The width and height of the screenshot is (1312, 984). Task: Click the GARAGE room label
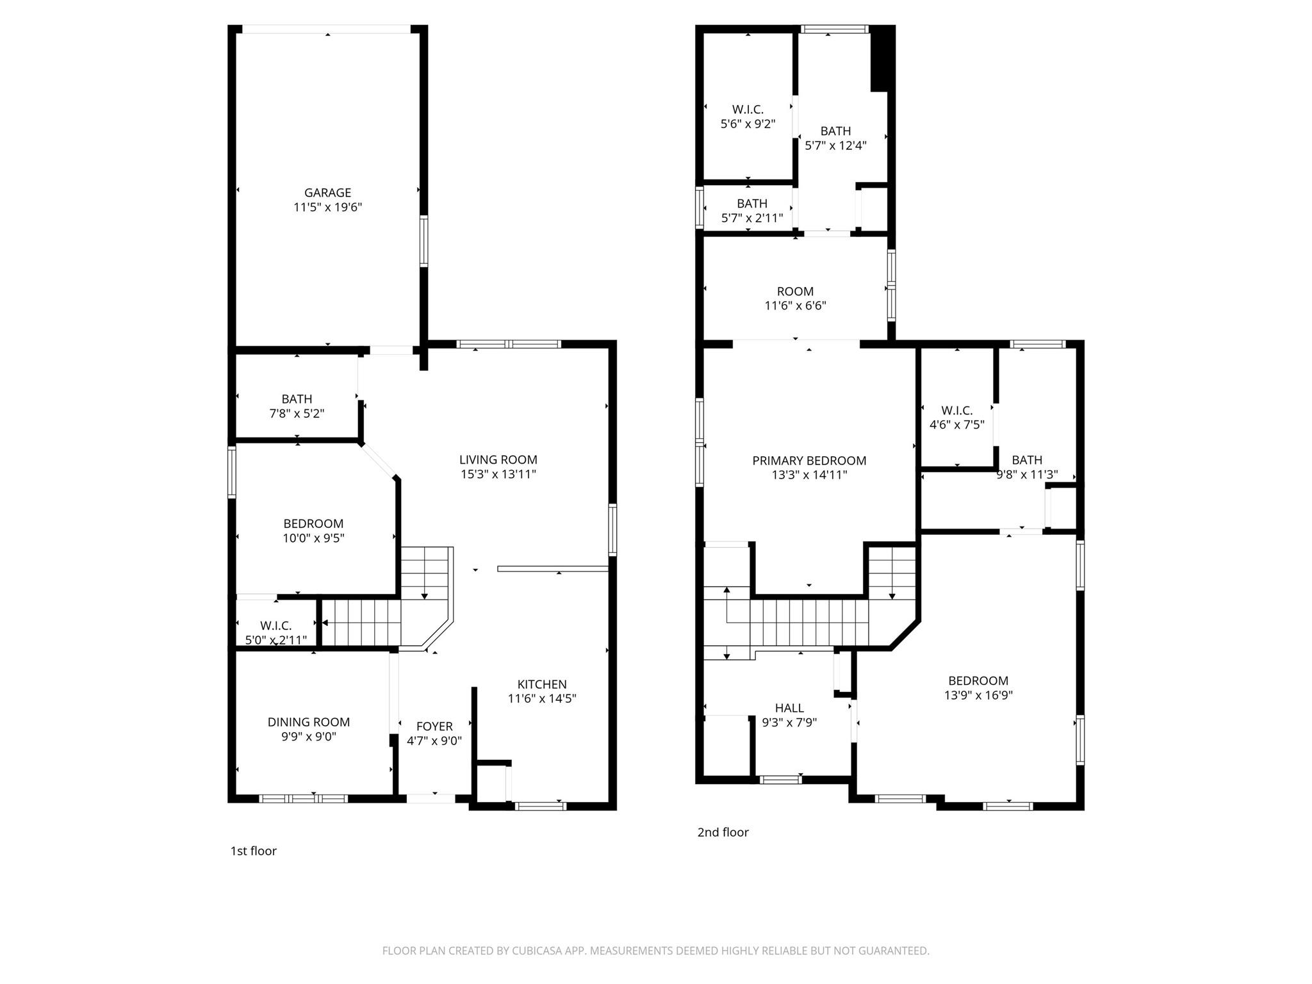[x=327, y=192]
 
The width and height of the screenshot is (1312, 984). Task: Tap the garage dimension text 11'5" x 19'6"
[x=327, y=208]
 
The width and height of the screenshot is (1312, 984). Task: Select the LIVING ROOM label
[x=498, y=459]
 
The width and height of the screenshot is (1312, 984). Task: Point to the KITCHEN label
[x=542, y=684]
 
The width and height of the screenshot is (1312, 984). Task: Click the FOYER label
[x=434, y=726]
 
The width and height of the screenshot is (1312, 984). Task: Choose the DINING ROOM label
[x=309, y=722]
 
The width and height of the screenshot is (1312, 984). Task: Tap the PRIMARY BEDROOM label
[x=809, y=461]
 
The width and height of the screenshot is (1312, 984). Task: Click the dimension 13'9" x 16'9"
[x=978, y=696]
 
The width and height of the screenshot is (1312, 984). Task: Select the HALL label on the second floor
[x=789, y=708]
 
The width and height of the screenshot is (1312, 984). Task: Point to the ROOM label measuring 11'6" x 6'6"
[x=795, y=291]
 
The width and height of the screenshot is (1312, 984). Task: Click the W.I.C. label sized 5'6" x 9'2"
[x=748, y=110]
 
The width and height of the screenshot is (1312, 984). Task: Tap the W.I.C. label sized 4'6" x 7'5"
[x=956, y=411]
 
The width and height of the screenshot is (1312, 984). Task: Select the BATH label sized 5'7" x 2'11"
[x=752, y=204]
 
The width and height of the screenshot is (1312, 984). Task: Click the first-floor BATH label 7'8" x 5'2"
[x=297, y=399]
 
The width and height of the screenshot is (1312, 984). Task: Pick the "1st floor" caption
[x=254, y=851]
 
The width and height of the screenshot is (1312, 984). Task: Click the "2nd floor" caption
[x=723, y=832]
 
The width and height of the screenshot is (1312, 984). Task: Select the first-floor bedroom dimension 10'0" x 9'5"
[x=313, y=539]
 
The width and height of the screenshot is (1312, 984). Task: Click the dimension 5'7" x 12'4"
[x=835, y=146]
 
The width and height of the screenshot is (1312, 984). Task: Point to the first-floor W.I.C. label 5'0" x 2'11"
[x=275, y=626]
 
